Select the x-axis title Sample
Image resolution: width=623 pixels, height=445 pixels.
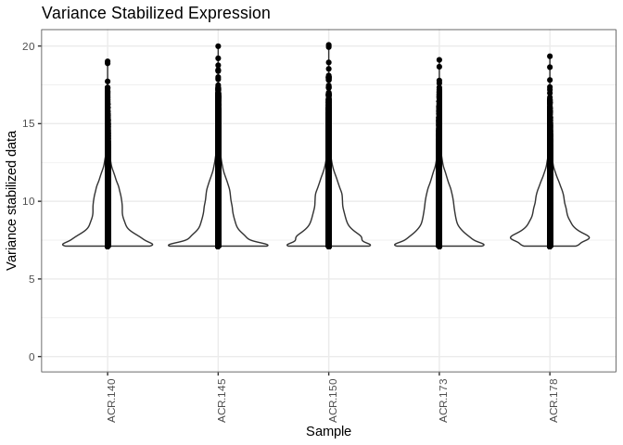[x=328, y=431]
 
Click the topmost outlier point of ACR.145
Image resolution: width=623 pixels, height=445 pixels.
[x=218, y=46]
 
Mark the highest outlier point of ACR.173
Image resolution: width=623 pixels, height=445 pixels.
[x=439, y=60]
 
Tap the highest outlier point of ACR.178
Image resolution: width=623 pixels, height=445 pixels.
[x=550, y=57]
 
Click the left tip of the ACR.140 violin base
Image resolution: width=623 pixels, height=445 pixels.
[x=63, y=245]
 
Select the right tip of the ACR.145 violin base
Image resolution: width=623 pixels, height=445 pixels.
[x=268, y=245]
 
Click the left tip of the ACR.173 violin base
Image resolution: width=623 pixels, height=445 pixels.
[x=395, y=245]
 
